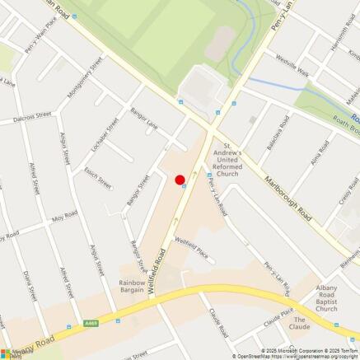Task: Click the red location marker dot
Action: click(x=180, y=180)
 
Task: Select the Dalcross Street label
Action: click(x=31, y=118)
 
